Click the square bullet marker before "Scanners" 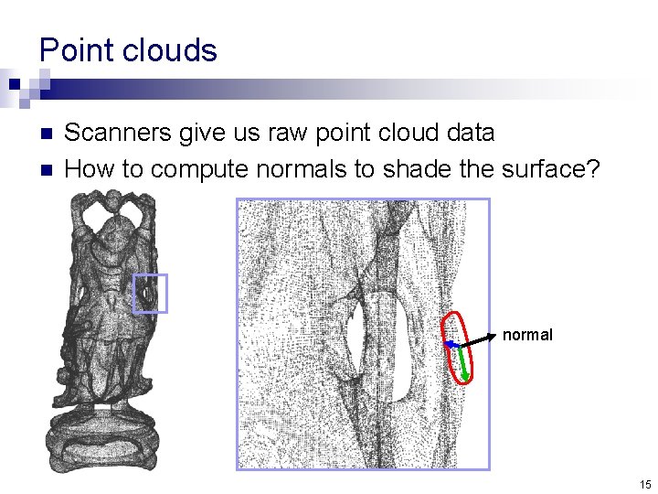(48, 134)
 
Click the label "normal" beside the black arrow (527, 336)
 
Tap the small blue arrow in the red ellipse (451, 344)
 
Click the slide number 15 (644, 484)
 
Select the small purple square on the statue (150, 294)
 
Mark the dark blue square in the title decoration (16, 83)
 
